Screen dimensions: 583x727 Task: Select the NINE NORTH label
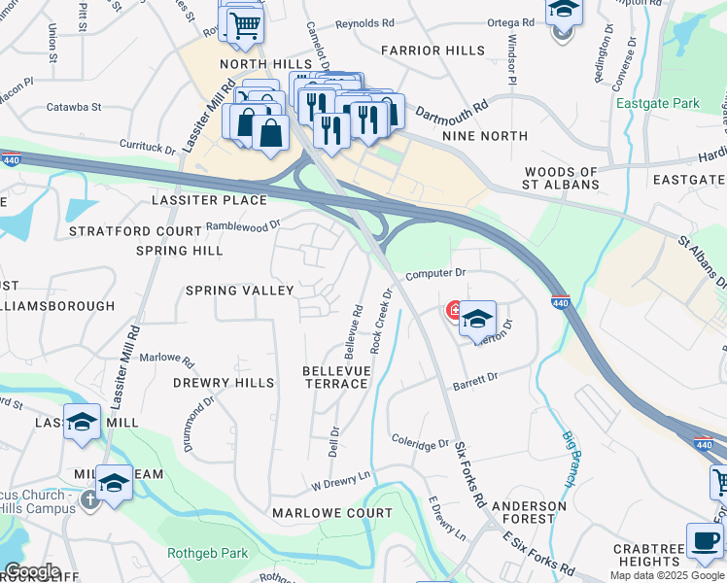pyautogui.click(x=484, y=136)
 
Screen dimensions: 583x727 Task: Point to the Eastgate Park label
pyautogui.click(x=657, y=103)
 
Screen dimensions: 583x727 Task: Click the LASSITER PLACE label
pyautogui.click(x=209, y=199)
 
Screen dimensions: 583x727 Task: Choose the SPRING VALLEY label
pyautogui.click(x=239, y=291)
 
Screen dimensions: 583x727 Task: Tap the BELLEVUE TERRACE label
pyautogui.click(x=335, y=377)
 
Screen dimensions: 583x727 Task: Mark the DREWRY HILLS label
pyautogui.click(x=224, y=383)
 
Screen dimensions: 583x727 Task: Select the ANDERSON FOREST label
pyautogui.click(x=529, y=512)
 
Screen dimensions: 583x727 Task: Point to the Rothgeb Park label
pyautogui.click(x=207, y=554)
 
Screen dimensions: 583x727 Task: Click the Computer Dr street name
pyautogui.click(x=436, y=274)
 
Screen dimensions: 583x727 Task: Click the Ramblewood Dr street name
pyautogui.click(x=243, y=224)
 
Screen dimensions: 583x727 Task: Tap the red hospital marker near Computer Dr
pyautogui.click(x=453, y=311)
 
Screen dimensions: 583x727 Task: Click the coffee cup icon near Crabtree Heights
pyautogui.click(x=706, y=541)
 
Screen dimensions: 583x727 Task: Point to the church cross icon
pyautogui.click(x=89, y=500)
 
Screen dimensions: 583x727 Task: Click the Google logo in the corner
pyautogui.click(x=32, y=571)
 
